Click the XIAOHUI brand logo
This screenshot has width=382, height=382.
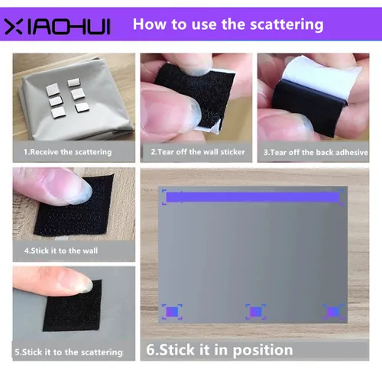point(57,27)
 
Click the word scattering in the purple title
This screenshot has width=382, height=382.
point(286,24)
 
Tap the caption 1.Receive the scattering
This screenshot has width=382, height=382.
point(68,152)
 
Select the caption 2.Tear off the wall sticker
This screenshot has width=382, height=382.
point(197,152)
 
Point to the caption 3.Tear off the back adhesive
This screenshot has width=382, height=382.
point(314,152)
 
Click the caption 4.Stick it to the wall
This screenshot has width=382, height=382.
point(61,250)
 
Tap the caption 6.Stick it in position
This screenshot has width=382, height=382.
point(219,351)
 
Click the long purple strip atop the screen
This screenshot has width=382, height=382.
point(252,198)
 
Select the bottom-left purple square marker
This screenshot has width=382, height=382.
point(172,312)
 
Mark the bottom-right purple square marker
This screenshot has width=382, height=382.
point(332,312)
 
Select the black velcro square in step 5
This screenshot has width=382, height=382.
point(76,317)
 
